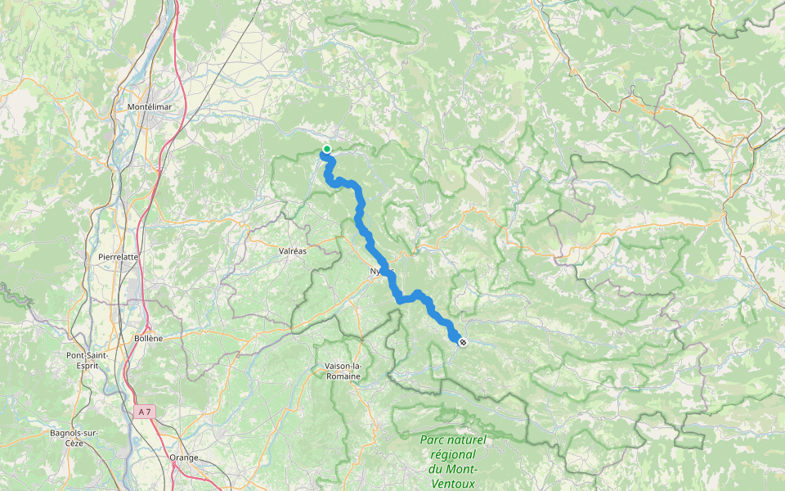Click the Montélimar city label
pyautogui.click(x=148, y=107)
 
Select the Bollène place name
pyautogui.click(x=149, y=338)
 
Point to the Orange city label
pyautogui.click(x=184, y=457)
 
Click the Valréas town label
pyautogui.click(x=293, y=250)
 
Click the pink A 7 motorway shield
pyautogui.click(x=144, y=412)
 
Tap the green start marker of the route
pyautogui.click(x=327, y=148)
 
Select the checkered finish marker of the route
pyautogui.click(x=463, y=342)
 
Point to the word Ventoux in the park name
pyautogui.click(x=452, y=483)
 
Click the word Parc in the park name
pyautogui.click(x=433, y=439)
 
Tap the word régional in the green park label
pyautogui.click(x=452, y=454)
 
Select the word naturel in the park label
pyautogui.click(x=468, y=439)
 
